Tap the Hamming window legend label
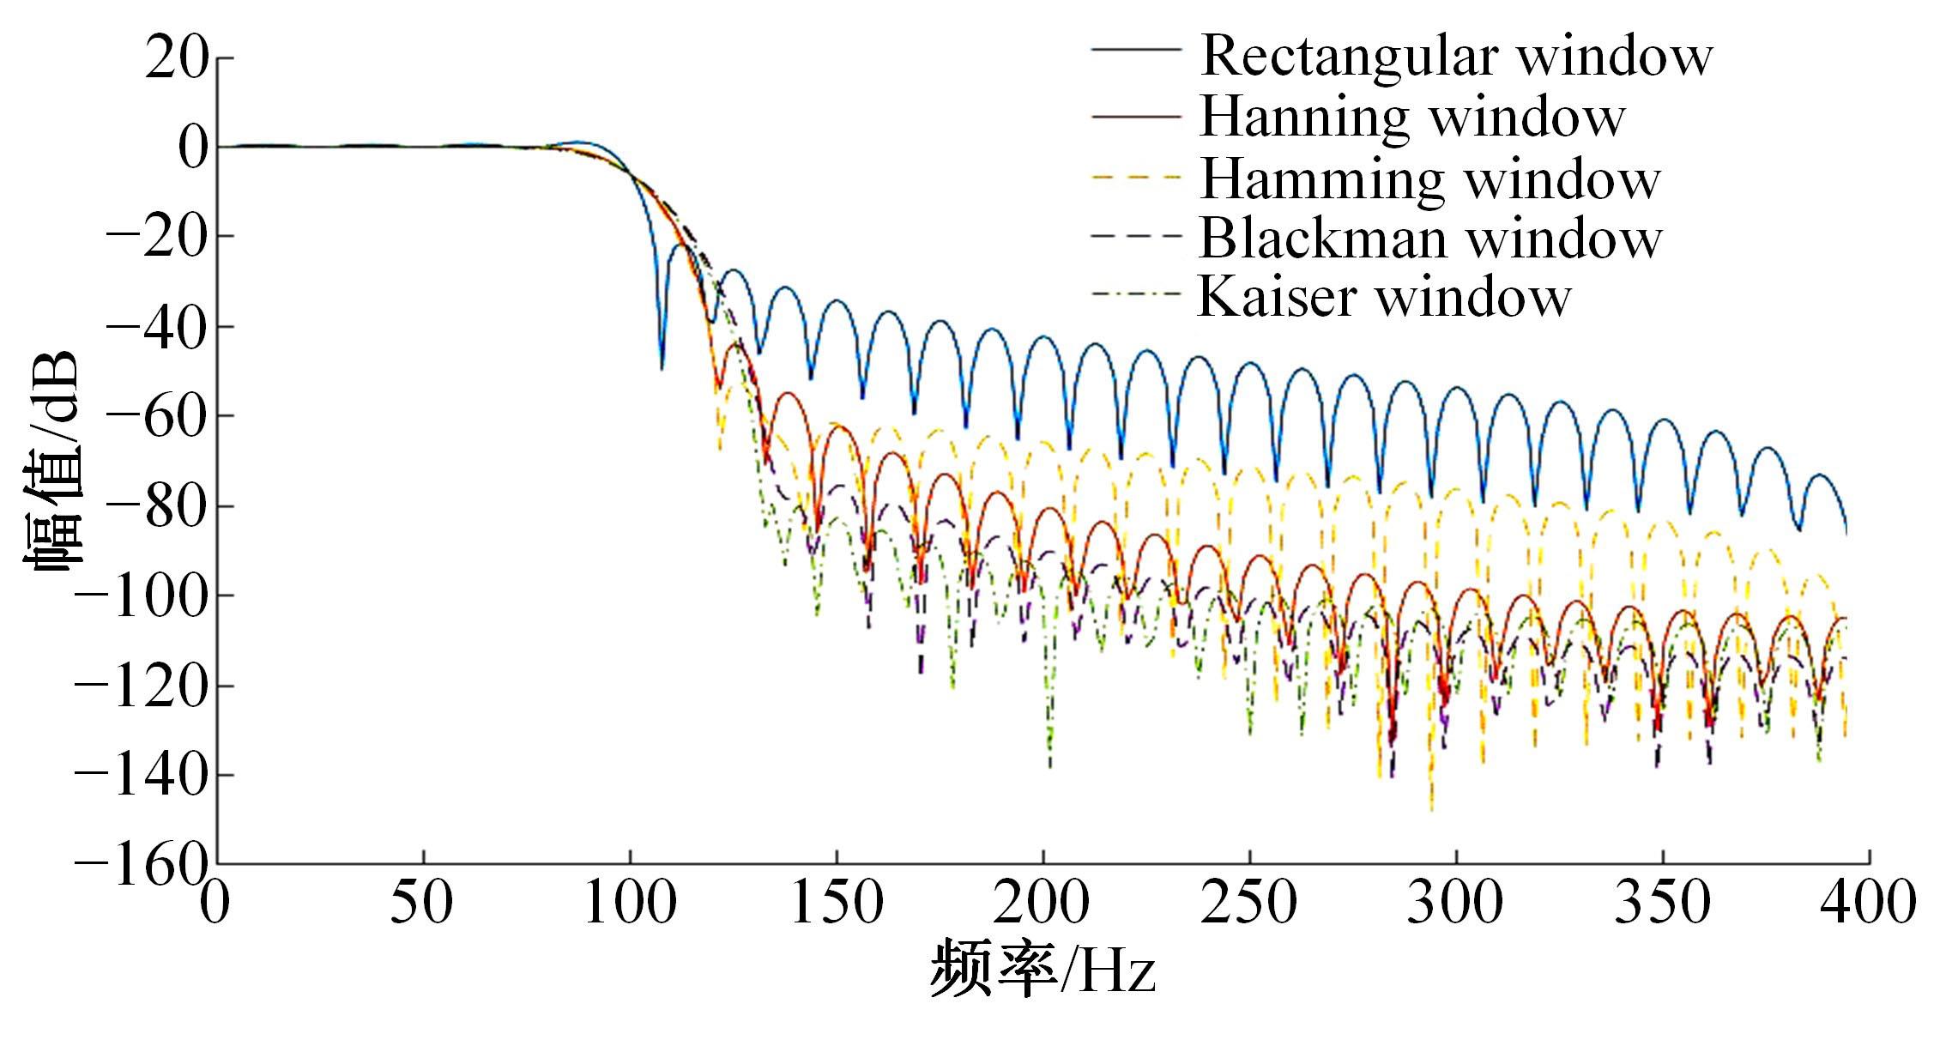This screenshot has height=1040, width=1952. coord(1429,178)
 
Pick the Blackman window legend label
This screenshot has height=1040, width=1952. coord(1430,238)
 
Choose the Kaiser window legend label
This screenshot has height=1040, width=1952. coord(1384,297)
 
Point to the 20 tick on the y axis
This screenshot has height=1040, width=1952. coord(177,58)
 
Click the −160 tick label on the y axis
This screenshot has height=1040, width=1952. coord(142,862)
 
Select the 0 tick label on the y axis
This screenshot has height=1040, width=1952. coord(193,148)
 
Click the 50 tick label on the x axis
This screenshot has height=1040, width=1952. coord(422,903)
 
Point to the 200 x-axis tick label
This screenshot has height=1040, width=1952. coord(1042,903)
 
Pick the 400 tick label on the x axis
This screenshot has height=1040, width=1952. coord(1868,903)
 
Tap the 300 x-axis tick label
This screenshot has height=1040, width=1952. coord(1455,903)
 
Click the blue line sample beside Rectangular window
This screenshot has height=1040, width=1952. coord(1135,50)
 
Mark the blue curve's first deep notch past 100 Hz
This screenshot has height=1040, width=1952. coord(662,367)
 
